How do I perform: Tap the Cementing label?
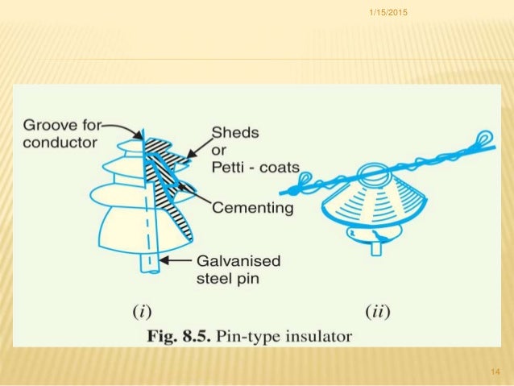pyautogui.click(x=252, y=208)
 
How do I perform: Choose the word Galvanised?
pyautogui.click(x=238, y=262)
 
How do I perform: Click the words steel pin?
pyautogui.click(x=227, y=279)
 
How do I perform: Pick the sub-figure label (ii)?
pyautogui.click(x=377, y=310)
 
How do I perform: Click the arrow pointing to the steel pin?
pyautogui.click(x=178, y=260)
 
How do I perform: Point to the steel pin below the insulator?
pyautogui.click(x=149, y=261)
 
